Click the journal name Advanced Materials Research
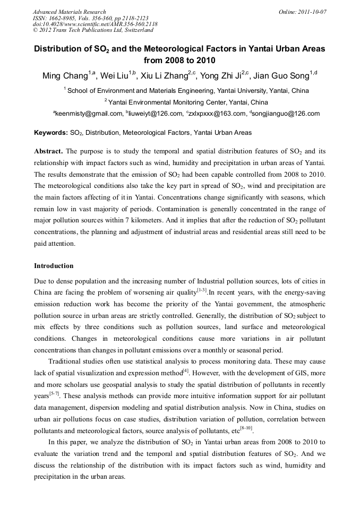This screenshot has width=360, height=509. (x=69, y=12)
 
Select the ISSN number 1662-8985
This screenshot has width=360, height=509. (x=63, y=18)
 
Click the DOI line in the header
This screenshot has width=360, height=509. (x=95, y=24)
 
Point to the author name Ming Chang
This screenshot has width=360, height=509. (x=65, y=76)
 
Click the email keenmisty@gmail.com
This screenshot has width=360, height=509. (x=82, y=114)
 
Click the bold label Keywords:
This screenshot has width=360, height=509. (x=50, y=133)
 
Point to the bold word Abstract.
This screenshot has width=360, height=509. (x=48, y=151)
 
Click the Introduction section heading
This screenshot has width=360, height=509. (x=54, y=266)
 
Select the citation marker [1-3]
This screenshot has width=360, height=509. (x=202, y=290)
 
